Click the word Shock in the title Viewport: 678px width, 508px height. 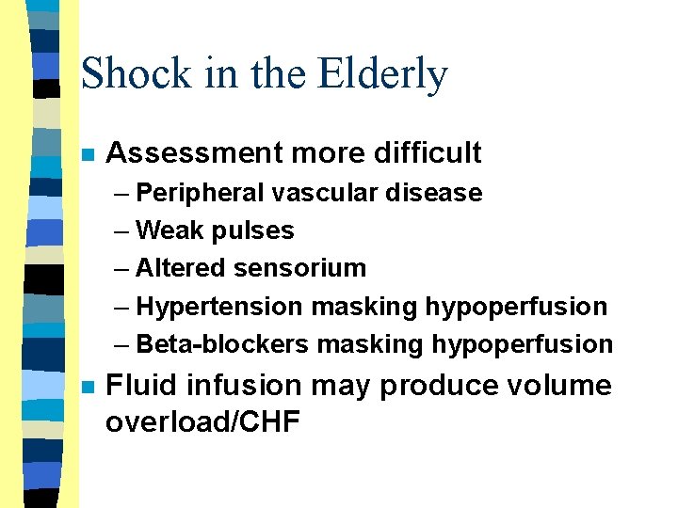[137, 73]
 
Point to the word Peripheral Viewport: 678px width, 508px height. [200, 193]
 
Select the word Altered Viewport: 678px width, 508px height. [181, 268]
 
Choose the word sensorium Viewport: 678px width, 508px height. [300, 268]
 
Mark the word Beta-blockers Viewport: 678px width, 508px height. [222, 344]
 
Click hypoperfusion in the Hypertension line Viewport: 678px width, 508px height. [516, 307]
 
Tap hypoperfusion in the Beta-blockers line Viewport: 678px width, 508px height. [523, 344]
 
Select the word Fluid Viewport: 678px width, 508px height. [138, 386]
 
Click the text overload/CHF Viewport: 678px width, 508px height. [202, 422]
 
